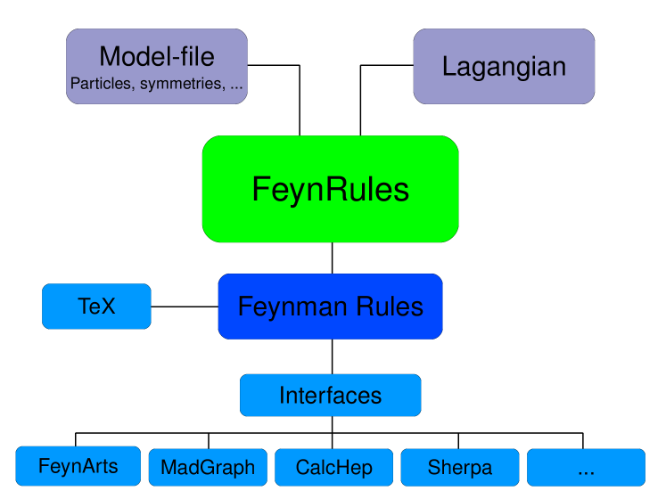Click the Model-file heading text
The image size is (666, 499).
157,57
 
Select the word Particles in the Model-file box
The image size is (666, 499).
101,86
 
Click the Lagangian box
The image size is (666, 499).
504,66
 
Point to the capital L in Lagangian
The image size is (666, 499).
449,66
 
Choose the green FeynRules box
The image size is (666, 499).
330,189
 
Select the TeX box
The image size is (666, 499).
96,307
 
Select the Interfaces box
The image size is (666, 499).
330,396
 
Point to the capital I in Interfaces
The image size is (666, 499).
282,396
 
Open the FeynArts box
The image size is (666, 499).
78,466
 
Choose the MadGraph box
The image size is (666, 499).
208,467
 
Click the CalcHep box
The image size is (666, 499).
333,467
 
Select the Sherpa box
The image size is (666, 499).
459,467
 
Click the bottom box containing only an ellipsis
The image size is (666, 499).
586,467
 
